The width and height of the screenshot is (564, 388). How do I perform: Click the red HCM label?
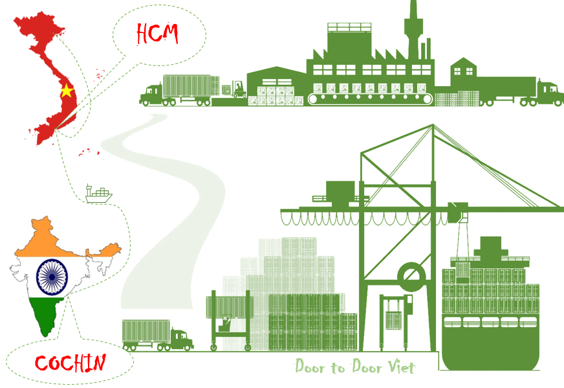pyautogui.click(x=157, y=34)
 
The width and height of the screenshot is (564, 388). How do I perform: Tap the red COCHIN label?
pyautogui.click(x=70, y=363)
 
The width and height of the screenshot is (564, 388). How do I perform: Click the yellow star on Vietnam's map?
pyautogui.click(x=67, y=91)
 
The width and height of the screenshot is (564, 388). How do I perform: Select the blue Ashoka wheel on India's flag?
pyautogui.click(x=52, y=277)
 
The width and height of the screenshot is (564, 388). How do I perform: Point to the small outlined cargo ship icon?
pyautogui.click(x=98, y=194)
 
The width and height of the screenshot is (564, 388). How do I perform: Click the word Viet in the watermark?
pyautogui.click(x=401, y=367)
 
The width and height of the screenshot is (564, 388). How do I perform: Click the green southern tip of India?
pyautogui.click(x=46, y=317)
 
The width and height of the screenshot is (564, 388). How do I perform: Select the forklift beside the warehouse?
pyautogui.click(x=239, y=89)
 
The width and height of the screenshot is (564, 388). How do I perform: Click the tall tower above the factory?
pyautogui.click(x=414, y=29)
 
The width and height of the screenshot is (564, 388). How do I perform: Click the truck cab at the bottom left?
pyautogui.click(x=182, y=339)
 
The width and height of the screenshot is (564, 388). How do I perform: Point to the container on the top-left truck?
pyautogui.click(x=191, y=86)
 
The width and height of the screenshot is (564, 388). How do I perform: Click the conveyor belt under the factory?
pyautogui.click(x=371, y=98)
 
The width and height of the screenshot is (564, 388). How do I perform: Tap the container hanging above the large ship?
pyautogui.click(x=462, y=269)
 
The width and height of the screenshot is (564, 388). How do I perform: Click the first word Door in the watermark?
pyautogui.click(x=309, y=366)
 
